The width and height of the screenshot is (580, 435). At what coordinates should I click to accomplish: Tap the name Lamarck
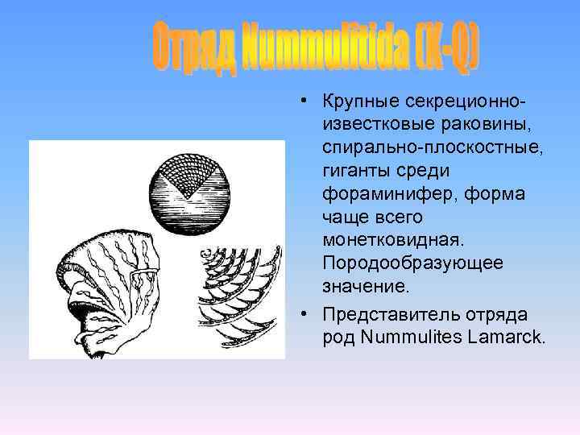506,336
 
